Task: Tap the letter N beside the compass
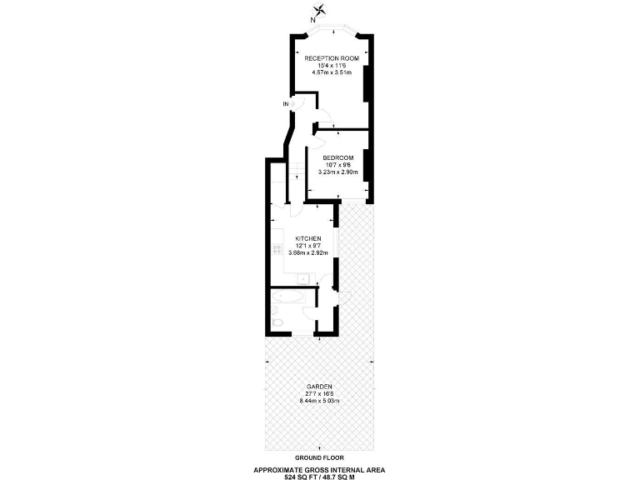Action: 312,18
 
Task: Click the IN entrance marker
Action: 286,103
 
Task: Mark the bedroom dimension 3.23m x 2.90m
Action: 338,172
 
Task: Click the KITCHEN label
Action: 307,238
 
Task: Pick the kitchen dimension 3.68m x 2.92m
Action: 307,252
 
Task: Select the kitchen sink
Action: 303,280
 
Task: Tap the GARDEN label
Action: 319,387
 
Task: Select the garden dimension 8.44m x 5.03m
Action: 319,401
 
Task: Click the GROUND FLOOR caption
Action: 319,457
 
